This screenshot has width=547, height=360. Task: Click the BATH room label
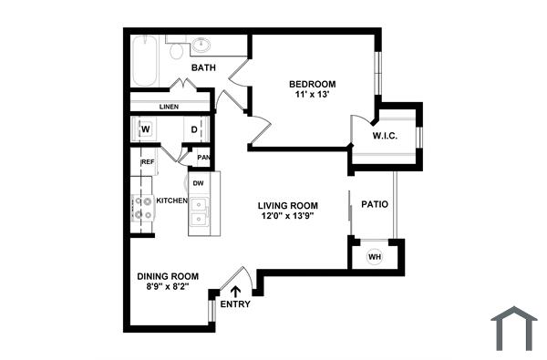(x=202, y=67)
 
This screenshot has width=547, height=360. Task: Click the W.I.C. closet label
(x=384, y=137)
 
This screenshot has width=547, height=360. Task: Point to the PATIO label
(x=375, y=204)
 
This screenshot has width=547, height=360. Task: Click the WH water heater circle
(x=374, y=257)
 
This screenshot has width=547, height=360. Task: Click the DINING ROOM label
(x=168, y=276)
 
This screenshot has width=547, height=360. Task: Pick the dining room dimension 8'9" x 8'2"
(x=168, y=287)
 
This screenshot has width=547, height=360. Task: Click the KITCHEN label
(x=171, y=201)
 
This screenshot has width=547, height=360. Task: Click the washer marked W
(x=145, y=129)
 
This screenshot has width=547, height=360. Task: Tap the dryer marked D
(x=194, y=129)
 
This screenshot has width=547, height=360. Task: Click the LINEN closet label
(x=169, y=107)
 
